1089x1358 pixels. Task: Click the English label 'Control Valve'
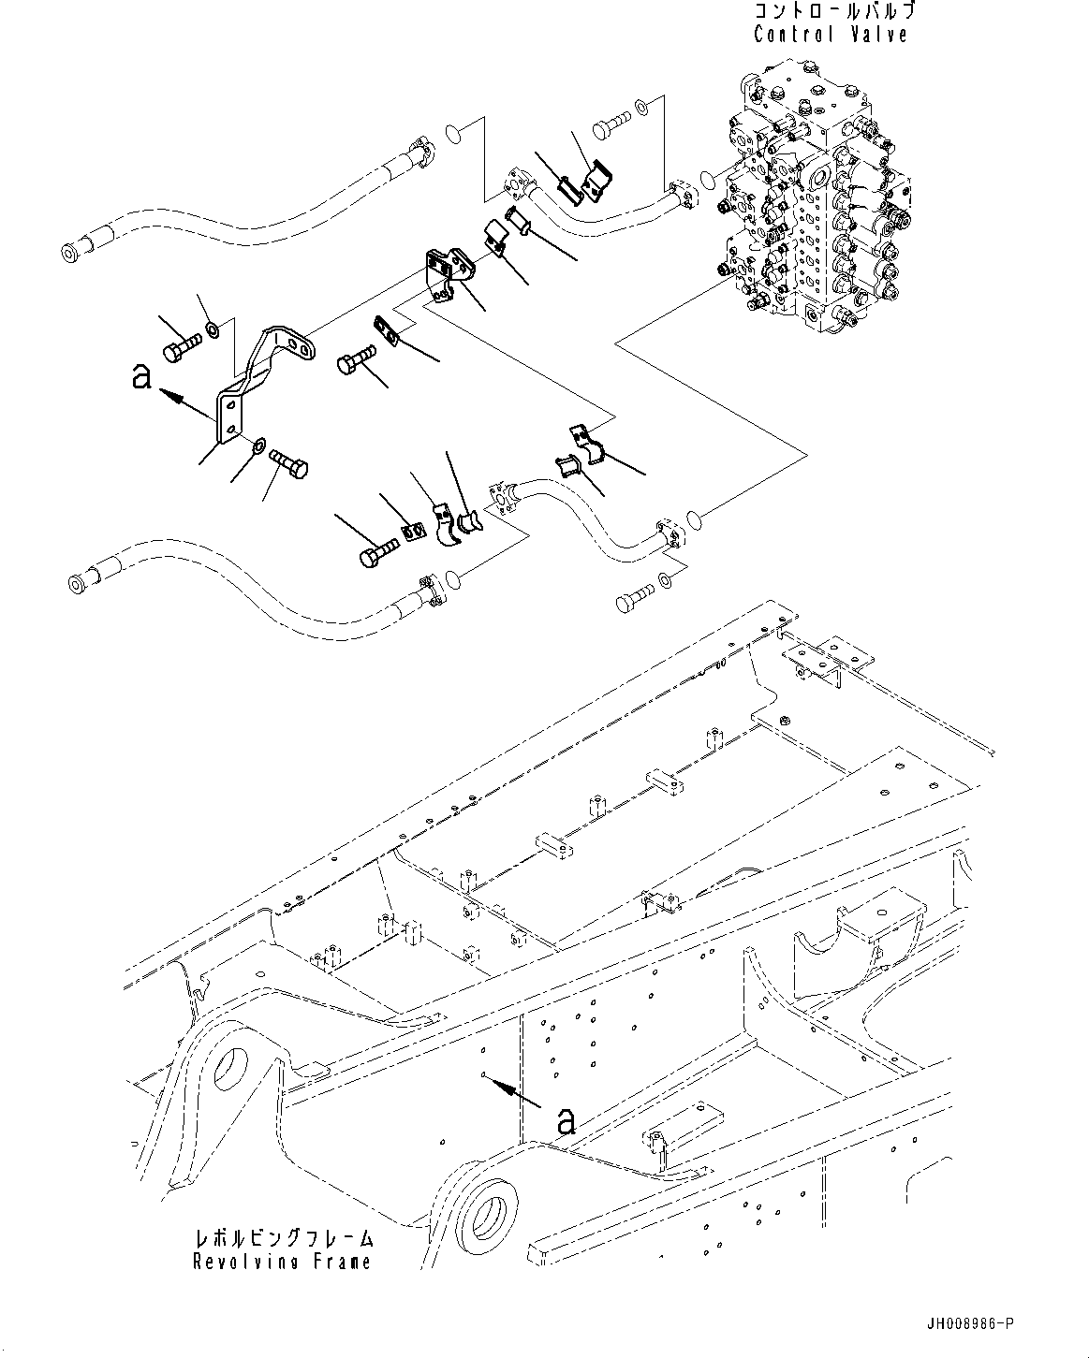coord(830,35)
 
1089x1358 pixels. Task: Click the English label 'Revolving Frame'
coord(282,1262)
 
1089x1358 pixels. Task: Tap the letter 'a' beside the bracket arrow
coord(141,377)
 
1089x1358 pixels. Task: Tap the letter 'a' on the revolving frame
coord(566,1120)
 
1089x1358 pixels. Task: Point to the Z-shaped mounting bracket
coord(262,374)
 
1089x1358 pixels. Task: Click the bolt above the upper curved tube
coord(610,123)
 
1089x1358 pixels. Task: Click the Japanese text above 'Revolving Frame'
coord(284,1239)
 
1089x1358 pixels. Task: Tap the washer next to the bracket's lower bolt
coord(258,444)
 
